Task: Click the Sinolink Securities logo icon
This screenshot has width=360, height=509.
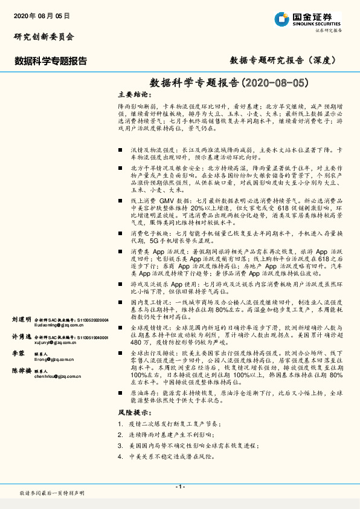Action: coord(280,19)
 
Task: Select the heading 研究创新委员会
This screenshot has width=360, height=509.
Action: coord(44,36)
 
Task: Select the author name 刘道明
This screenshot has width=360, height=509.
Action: coord(22,319)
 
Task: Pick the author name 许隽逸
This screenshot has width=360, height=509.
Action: coord(22,337)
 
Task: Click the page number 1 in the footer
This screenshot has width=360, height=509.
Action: coord(180,486)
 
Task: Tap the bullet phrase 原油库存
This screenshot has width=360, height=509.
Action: coord(143,392)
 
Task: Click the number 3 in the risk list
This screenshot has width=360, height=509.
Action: coord(121,446)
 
